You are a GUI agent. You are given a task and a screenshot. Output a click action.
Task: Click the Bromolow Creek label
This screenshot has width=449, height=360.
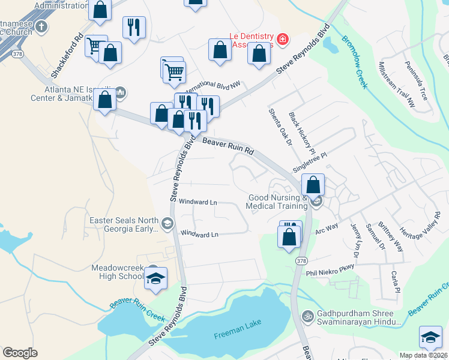coord(354,62)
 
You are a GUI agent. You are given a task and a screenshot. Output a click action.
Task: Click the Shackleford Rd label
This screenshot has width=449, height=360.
coord(66,54)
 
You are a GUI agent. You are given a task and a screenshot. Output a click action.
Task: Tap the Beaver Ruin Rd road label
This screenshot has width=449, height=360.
coord(229,148)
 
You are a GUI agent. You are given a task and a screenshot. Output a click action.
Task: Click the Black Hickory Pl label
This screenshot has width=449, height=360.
coord(301,131)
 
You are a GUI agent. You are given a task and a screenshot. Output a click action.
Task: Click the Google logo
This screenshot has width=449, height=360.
coord(20,353)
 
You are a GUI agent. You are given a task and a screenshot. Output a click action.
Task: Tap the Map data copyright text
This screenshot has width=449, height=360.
coord(424,355)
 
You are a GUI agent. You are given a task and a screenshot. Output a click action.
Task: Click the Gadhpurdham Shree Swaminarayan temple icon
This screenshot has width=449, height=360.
coord(307,315)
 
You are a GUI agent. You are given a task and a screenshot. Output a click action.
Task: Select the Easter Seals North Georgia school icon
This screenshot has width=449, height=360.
coord(167,224)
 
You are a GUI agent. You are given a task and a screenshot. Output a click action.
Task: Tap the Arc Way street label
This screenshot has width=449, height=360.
coord(327,229)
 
